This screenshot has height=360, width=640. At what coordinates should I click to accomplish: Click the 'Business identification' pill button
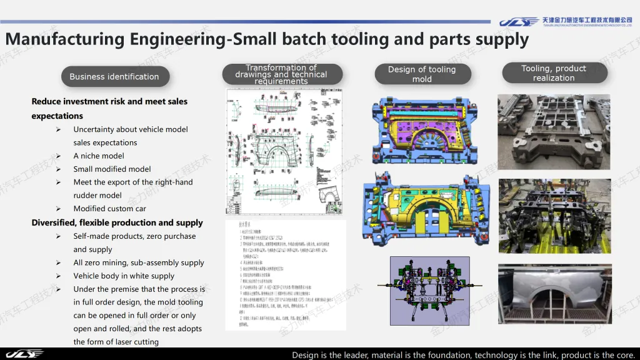pyautogui.click(x=115, y=77)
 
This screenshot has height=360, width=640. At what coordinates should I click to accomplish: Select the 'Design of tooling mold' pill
pyautogui.click(x=422, y=74)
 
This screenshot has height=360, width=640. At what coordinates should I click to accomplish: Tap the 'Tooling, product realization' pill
pyautogui.click(x=554, y=73)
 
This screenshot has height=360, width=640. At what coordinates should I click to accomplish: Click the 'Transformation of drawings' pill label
pyautogui.click(x=281, y=74)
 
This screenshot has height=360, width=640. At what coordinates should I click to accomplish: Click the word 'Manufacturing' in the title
pyautogui.click(x=65, y=39)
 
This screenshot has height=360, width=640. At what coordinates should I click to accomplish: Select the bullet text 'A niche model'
pyautogui.click(x=99, y=156)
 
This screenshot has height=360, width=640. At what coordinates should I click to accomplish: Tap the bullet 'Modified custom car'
pyautogui.click(x=109, y=209)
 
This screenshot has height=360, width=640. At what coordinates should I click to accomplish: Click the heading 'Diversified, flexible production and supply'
pyautogui.click(x=117, y=222)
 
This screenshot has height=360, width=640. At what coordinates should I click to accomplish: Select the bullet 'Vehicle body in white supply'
pyautogui.click(x=124, y=276)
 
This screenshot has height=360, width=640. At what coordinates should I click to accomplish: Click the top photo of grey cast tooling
pyautogui.click(x=553, y=132)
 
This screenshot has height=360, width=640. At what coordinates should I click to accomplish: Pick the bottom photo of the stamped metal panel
pyautogui.click(x=553, y=293)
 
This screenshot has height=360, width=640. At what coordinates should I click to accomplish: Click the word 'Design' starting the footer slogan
pyautogui.click(x=306, y=355)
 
